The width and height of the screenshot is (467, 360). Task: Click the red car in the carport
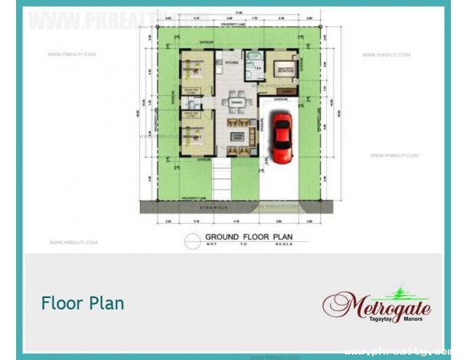tap(282, 138)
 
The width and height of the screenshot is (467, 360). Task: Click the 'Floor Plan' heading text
tap(83, 303)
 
